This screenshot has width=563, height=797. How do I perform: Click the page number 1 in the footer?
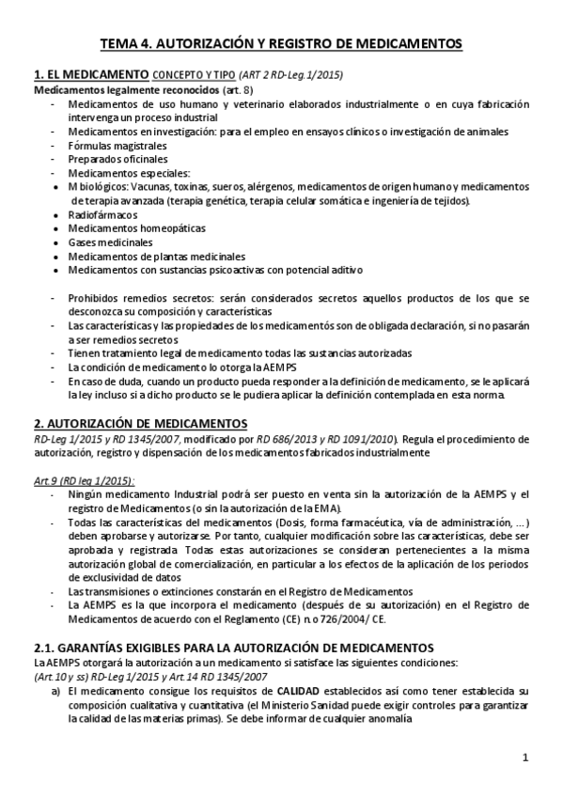(x=525, y=758)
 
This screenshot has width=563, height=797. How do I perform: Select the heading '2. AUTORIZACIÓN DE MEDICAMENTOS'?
(x=140, y=423)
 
